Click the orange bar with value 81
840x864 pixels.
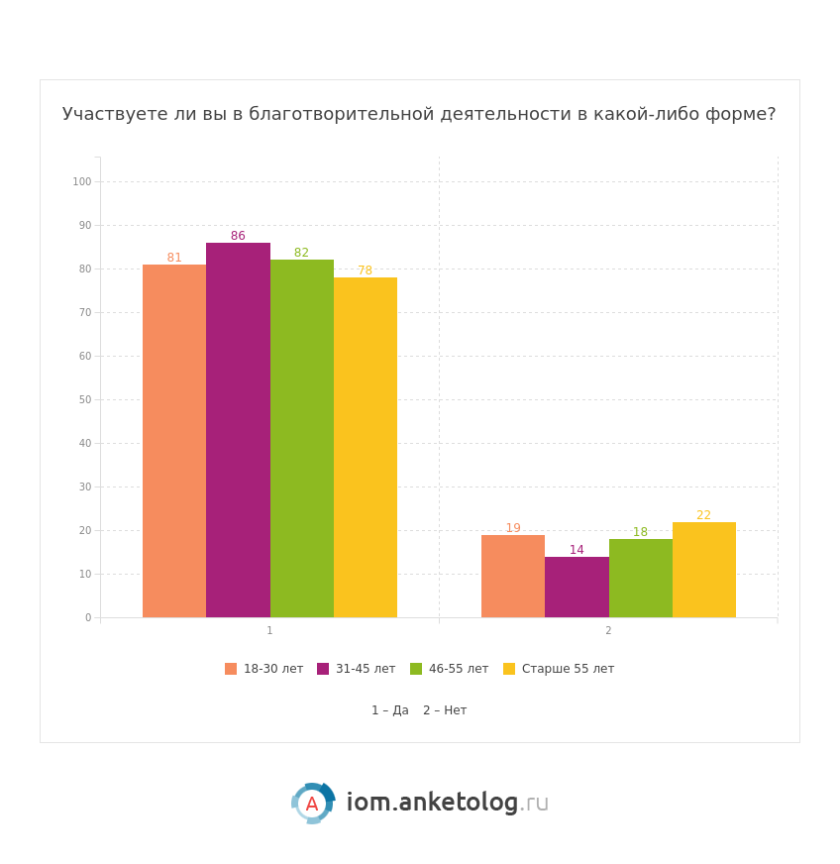coord(174,441)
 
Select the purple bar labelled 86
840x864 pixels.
coord(238,430)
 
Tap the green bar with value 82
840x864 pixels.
coord(302,438)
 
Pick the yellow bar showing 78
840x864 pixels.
coord(366,447)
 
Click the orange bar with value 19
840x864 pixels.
coord(513,576)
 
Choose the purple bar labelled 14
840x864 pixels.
coord(577,587)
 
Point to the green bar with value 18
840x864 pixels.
coord(641,578)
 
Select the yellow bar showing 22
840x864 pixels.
coord(704,570)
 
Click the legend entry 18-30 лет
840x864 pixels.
coord(264,669)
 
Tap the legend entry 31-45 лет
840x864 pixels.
coord(357,669)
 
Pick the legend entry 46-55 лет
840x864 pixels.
coord(450,669)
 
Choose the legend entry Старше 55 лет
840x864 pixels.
coord(559,669)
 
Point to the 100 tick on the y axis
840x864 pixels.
coord(81,181)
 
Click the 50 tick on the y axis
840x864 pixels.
coord(84,399)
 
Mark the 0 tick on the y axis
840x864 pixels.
coord(87,617)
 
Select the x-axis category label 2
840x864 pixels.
coord(608,631)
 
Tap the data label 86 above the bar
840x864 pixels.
coord(238,236)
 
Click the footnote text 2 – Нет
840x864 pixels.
coord(445,710)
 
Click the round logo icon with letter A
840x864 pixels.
coord(312,804)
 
